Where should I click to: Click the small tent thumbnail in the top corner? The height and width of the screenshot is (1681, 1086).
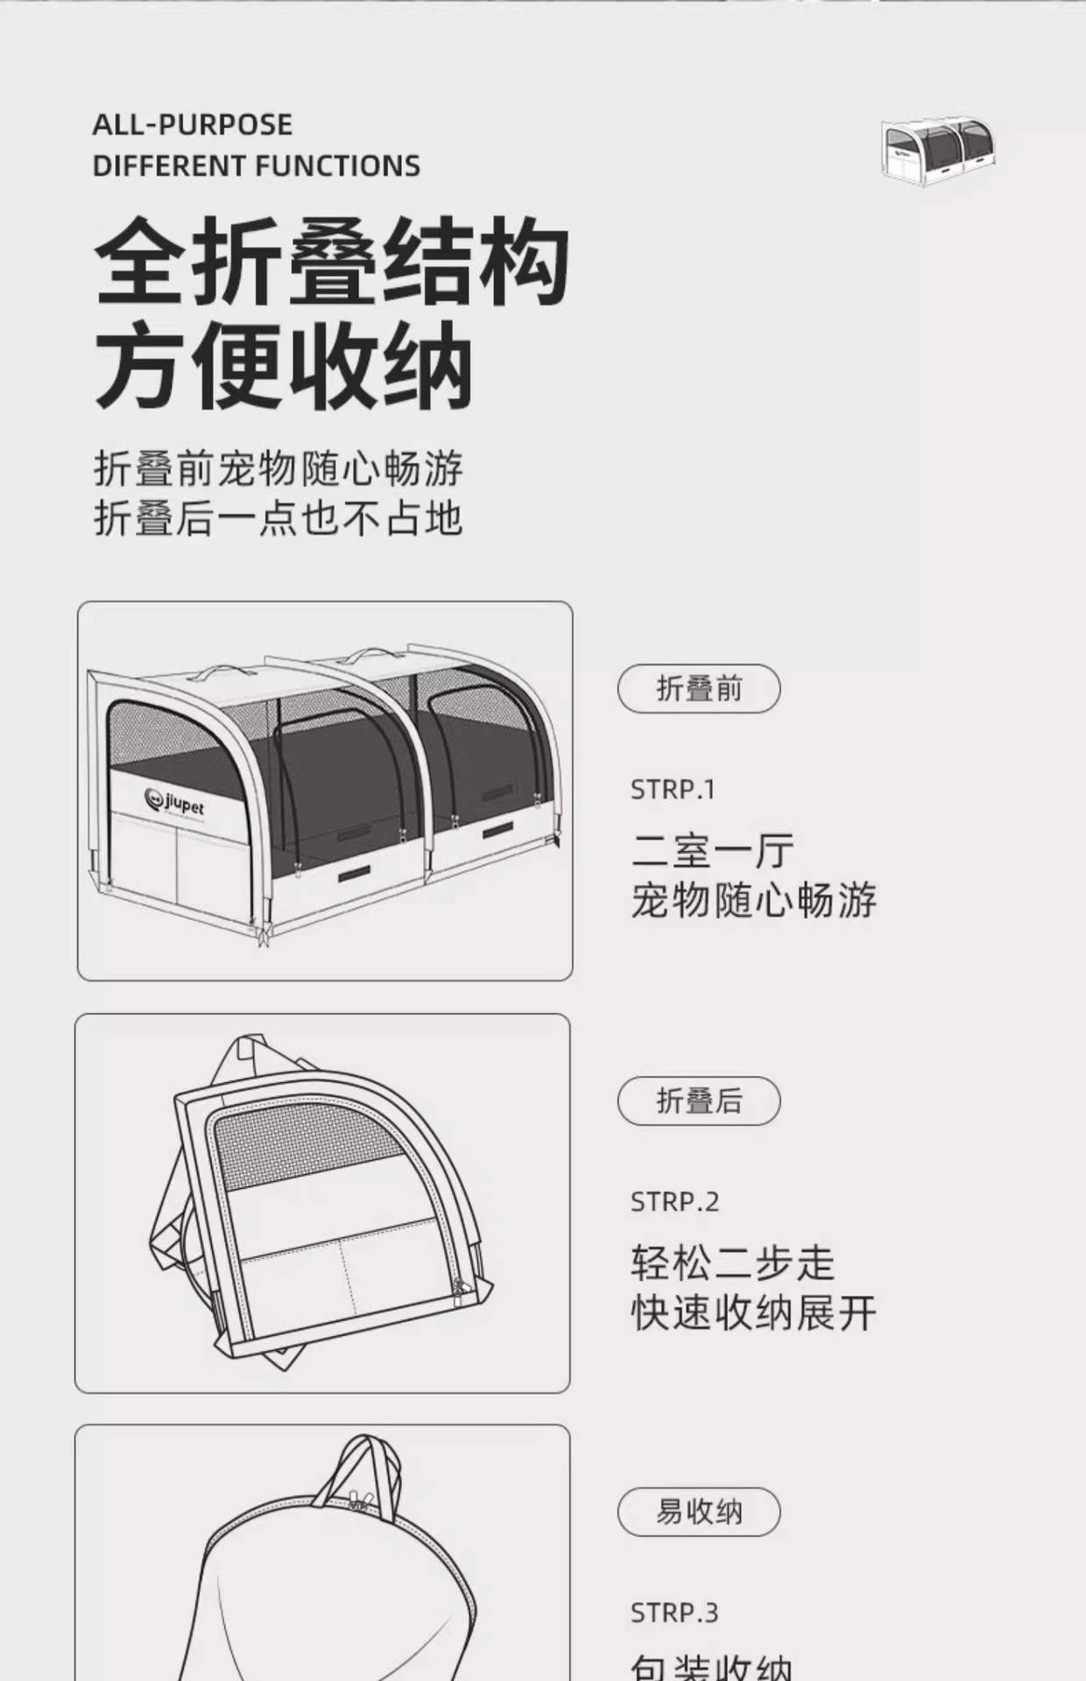(939, 152)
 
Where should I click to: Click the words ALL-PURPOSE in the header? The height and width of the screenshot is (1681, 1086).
(193, 125)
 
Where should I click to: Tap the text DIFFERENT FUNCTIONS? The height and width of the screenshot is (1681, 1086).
(256, 166)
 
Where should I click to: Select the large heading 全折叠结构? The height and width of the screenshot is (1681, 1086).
(332, 263)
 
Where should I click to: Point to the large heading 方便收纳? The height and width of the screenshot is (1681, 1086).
(284, 366)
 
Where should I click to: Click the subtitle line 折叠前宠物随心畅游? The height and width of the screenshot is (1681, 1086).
(279, 469)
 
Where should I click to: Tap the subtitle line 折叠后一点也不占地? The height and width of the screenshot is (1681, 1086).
(279, 518)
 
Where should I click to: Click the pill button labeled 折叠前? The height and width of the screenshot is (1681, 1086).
(698, 689)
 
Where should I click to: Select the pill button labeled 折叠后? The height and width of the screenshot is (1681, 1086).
(698, 1101)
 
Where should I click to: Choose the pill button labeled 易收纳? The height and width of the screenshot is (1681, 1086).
(698, 1512)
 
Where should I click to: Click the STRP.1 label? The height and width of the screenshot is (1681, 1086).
(673, 790)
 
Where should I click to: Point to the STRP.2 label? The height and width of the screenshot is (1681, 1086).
(674, 1202)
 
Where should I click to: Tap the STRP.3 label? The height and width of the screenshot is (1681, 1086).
(674, 1613)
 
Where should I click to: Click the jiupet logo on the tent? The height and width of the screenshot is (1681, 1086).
(174, 801)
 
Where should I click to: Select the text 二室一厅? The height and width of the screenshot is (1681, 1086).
(712, 850)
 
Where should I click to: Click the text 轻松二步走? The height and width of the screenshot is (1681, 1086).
(732, 1263)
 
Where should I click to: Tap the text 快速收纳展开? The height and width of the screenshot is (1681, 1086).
(753, 1313)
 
